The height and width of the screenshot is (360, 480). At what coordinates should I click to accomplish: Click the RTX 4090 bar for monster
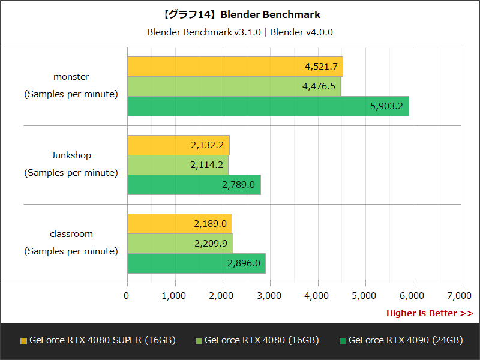pyautogui.click(x=268, y=106)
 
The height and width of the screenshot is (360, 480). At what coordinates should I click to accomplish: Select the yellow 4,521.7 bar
pyautogui.click(x=235, y=67)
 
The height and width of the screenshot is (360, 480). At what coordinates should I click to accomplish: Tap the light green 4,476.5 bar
pyautogui.click(x=233, y=86)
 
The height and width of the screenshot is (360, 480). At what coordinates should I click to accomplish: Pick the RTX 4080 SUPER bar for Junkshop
pyautogui.click(x=178, y=145)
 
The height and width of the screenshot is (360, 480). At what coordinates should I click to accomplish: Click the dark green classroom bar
pyautogui.click(x=196, y=263)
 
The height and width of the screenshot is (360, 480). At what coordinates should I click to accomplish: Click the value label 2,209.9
pyautogui.click(x=211, y=244)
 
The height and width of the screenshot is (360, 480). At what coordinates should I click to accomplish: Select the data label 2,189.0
pyautogui.click(x=210, y=224)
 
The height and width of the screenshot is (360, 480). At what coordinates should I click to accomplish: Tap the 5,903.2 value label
pyautogui.click(x=386, y=106)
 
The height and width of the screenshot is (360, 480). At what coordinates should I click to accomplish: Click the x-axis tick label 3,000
pyautogui.click(x=269, y=295)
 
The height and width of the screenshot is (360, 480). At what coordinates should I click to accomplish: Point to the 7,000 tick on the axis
pyautogui.click(x=459, y=295)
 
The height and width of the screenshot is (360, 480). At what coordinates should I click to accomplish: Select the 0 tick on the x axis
pyautogui.click(x=127, y=295)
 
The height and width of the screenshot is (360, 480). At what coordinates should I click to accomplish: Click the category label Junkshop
pyautogui.click(x=71, y=155)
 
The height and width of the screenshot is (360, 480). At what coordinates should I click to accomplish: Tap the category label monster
pyautogui.click(x=71, y=77)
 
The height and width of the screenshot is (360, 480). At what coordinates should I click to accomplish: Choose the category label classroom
pyautogui.click(x=71, y=234)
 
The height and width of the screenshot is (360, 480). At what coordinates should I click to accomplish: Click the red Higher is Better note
pyautogui.click(x=429, y=313)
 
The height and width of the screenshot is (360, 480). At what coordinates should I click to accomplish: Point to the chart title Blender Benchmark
pyautogui.click(x=240, y=14)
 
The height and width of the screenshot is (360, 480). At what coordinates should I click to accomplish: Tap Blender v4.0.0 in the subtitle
pyautogui.click(x=301, y=32)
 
